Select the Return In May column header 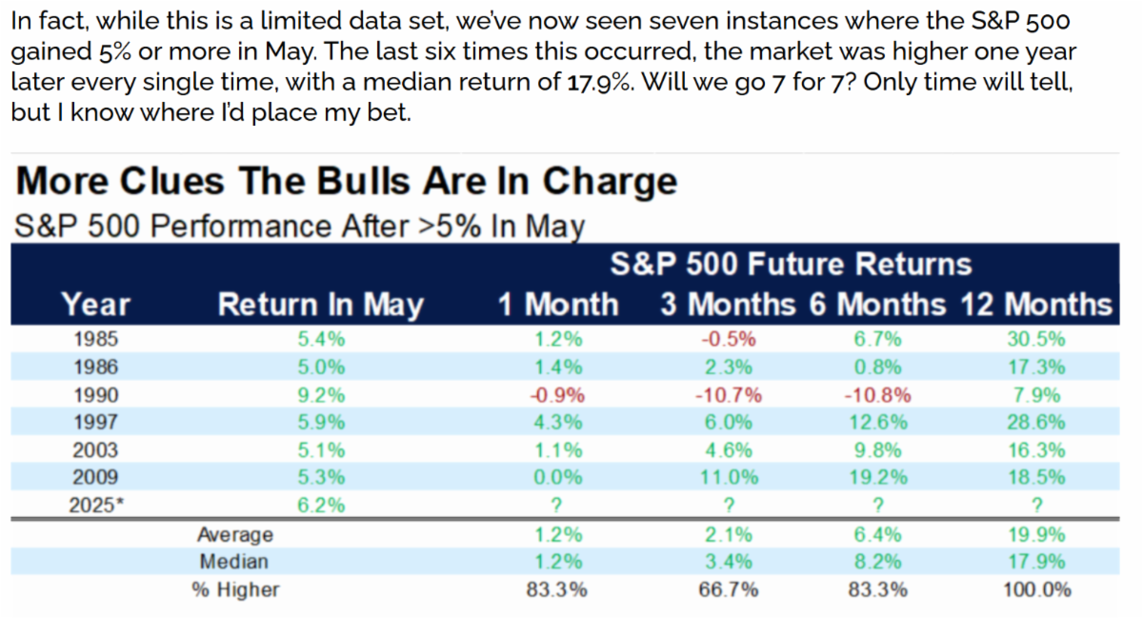[x=320, y=305]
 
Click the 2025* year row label [x=96, y=506]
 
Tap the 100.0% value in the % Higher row [x=1035, y=589]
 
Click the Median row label [x=233, y=562]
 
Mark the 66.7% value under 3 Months [x=729, y=589]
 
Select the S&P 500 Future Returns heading [x=791, y=264]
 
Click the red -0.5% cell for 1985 [x=729, y=340]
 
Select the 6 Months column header [x=877, y=305]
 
